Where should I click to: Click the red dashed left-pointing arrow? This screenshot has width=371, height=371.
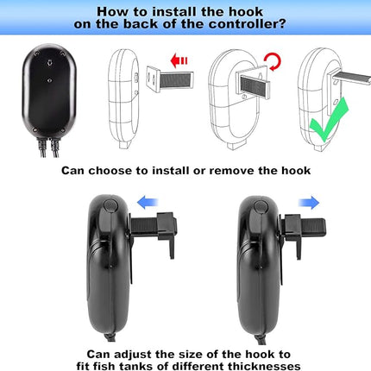(179, 60)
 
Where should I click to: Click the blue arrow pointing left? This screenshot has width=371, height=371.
(148, 202)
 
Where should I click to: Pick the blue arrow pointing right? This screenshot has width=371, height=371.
(309, 203)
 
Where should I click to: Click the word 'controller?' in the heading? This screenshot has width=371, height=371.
(247, 24)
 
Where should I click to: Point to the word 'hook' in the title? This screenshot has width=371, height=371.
(246, 12)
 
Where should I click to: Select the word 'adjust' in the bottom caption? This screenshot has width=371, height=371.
(134, 355)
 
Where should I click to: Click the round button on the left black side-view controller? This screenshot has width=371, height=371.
(110, 205)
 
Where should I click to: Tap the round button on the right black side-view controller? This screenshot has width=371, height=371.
(261, 207)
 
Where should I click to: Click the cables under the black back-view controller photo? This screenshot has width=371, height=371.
(48, 148)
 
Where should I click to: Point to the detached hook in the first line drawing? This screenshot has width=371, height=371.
(170, 79)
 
